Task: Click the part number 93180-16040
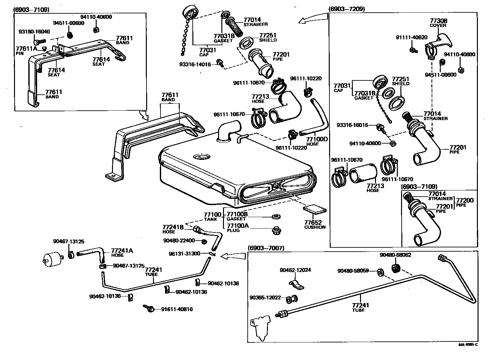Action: click(35, 32)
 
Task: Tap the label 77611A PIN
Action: click(26, 51)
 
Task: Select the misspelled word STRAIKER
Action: click(256, 24)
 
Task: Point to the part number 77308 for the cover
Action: click(438, 21)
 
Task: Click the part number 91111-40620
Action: click(411, 37)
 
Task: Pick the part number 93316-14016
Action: click(195, 64)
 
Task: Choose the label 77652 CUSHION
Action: click(315, 224)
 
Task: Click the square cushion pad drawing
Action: click(315, 209)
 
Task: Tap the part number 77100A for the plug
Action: click(238, 226)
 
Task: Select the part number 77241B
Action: click(173, 227)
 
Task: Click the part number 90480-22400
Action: click(179, 240)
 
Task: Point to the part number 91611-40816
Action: click(177, 309)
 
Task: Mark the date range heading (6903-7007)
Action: click(266, 248)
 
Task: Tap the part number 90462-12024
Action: click(295, 270)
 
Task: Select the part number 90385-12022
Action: click(265, 298)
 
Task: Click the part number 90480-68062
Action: click(396, 255)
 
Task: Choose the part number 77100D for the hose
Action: click(317, 139)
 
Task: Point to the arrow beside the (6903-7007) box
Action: click(233, 256)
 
